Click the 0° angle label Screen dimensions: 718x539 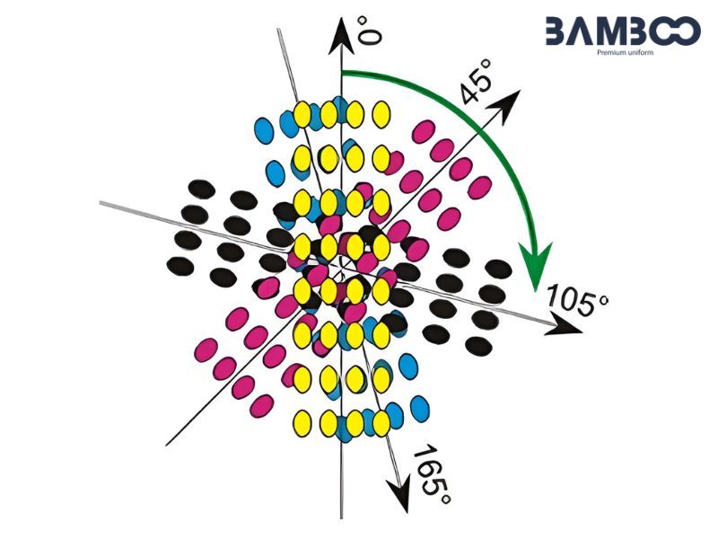click(369, 31)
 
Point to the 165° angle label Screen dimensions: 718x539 click(432, 475)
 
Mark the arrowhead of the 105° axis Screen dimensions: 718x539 click(565, 324)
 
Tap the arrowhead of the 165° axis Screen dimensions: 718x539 click(398, 495)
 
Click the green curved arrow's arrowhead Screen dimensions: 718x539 click(535, 267)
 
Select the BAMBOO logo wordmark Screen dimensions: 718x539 click(623, 31)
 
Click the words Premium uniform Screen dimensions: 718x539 click(625, 53)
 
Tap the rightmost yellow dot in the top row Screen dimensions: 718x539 click(381, 114)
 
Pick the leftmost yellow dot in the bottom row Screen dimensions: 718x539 click(302, 423)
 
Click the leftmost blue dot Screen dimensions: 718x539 click(264, 130)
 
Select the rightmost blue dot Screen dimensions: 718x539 click(420, 409)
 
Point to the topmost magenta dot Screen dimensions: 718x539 click(424, 131)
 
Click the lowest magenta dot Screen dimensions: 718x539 click(262, 406)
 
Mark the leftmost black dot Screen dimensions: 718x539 click(180, 266)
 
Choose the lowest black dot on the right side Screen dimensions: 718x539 click(478, 346)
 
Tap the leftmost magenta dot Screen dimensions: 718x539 click(206, 349)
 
